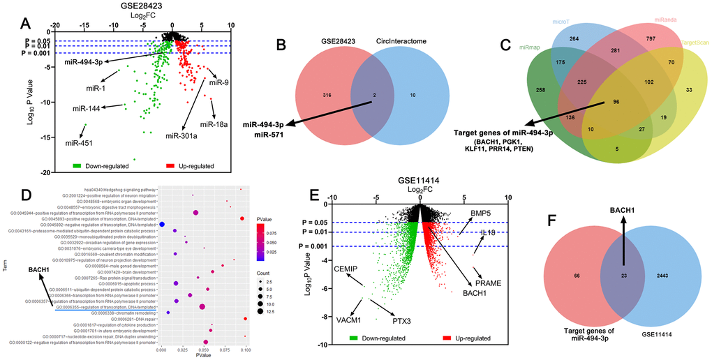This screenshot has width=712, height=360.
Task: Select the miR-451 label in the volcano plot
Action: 81,143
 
